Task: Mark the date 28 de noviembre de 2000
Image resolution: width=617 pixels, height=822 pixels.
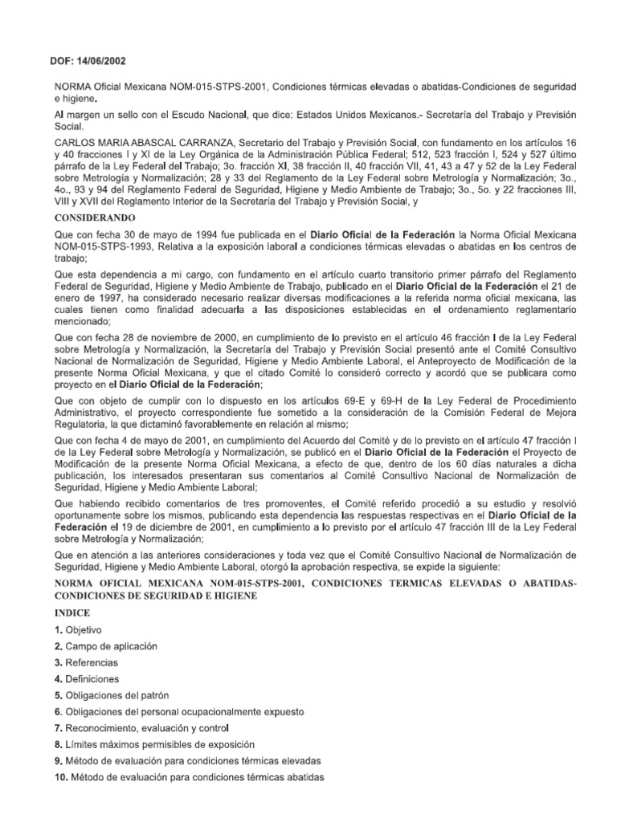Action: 165,330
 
